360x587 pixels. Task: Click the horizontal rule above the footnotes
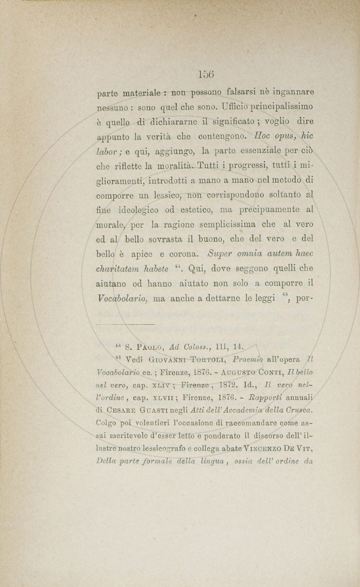(x=126, y=324)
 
